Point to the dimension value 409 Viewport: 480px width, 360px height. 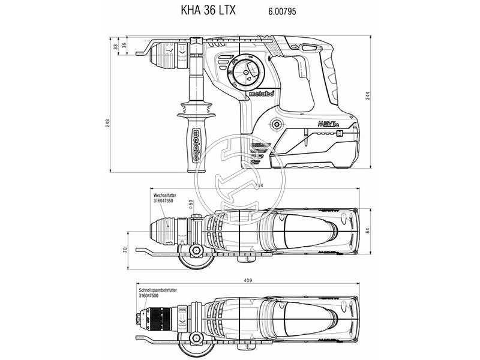247,280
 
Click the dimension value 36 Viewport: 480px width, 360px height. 124,45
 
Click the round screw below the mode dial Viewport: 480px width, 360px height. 276,125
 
